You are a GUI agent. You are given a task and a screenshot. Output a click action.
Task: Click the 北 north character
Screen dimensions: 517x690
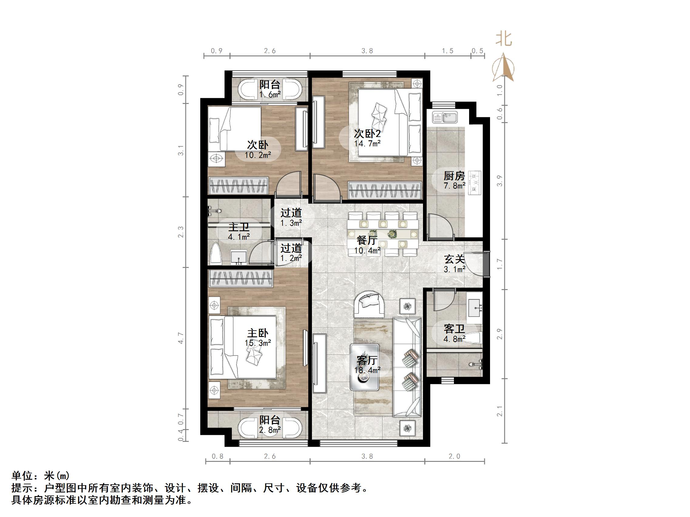504,40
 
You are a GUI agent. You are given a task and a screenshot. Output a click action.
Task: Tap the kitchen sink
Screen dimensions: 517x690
445,118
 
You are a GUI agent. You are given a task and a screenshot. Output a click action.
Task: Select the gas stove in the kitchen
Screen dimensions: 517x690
475,183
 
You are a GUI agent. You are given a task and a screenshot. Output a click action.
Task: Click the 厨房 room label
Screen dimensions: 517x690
454,176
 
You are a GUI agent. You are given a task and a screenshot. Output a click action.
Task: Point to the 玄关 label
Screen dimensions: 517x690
455,259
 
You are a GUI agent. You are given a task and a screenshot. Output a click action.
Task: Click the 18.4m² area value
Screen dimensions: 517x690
367,370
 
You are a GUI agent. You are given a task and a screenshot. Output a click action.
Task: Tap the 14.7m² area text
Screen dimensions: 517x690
367,143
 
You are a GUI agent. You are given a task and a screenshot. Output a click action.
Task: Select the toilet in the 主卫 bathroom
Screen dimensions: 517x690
216,254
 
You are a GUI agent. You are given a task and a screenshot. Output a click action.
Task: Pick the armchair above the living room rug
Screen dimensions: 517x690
369,304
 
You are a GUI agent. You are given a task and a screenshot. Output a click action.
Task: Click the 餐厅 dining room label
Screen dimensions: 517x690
367,240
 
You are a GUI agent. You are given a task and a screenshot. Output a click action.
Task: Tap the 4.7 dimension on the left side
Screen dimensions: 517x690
181,338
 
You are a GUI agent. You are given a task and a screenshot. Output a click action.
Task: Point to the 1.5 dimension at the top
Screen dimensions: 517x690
447,51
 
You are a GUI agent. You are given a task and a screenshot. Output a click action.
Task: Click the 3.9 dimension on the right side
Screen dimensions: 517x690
500,181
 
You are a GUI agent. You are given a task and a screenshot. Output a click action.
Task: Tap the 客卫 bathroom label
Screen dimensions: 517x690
454,329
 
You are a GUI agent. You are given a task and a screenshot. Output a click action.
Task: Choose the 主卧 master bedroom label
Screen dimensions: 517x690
258,333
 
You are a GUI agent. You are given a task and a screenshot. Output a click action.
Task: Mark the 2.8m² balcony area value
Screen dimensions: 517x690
270,430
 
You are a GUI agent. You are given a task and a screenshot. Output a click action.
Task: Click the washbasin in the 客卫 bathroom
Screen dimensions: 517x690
474,308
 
